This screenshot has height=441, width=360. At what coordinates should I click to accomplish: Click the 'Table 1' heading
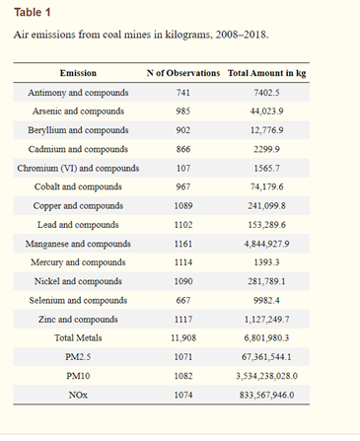33,13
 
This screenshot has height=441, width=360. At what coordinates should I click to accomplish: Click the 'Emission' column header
78,73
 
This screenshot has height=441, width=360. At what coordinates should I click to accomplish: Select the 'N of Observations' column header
183,73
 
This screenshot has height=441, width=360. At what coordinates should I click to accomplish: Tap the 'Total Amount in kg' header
266,73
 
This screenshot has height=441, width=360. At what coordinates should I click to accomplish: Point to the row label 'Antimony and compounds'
78,93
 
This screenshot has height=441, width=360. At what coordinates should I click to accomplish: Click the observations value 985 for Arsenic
183,111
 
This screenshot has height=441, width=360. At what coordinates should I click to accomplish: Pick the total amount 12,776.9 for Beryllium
266,130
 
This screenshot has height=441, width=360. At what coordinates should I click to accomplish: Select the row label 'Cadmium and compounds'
78,149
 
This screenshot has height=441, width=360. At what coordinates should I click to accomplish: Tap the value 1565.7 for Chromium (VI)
266,169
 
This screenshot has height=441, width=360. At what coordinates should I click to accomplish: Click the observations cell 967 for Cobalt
183,186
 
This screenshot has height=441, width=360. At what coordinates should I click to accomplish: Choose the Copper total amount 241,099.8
266,206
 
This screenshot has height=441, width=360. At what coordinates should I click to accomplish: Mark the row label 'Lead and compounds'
78,225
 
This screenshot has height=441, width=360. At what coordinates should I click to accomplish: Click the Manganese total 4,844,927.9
266,244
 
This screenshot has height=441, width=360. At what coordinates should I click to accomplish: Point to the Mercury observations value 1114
183,262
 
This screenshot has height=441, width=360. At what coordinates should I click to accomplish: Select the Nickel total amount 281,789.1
266,281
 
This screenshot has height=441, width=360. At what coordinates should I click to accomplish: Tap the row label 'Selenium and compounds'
78,301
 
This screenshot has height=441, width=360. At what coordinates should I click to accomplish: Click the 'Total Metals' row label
78,338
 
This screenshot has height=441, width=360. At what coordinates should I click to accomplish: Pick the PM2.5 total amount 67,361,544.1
266,357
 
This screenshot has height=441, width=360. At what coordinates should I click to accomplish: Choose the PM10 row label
78,376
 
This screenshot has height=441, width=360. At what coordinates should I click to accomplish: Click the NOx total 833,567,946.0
266,395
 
